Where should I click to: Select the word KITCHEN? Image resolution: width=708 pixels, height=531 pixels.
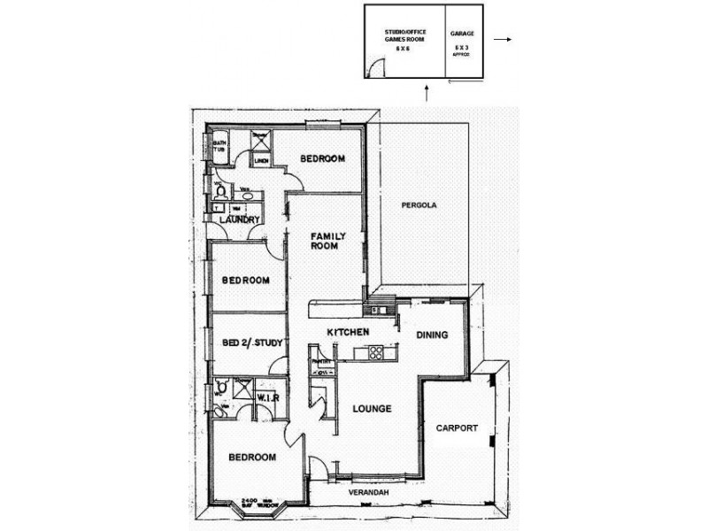point(348,331)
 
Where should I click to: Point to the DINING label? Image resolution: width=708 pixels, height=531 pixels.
point(432,335)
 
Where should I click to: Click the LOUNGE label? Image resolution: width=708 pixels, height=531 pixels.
point(372,408)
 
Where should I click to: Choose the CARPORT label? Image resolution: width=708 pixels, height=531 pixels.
point(457,428)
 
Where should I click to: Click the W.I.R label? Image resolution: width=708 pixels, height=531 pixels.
point(268,399)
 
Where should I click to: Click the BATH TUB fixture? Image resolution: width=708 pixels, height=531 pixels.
point(219,148)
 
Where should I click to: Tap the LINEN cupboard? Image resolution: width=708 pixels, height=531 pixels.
point(261,162)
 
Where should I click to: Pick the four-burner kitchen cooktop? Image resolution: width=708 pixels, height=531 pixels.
point(374,353)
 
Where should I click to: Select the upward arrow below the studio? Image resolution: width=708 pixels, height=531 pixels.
point(427,91)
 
